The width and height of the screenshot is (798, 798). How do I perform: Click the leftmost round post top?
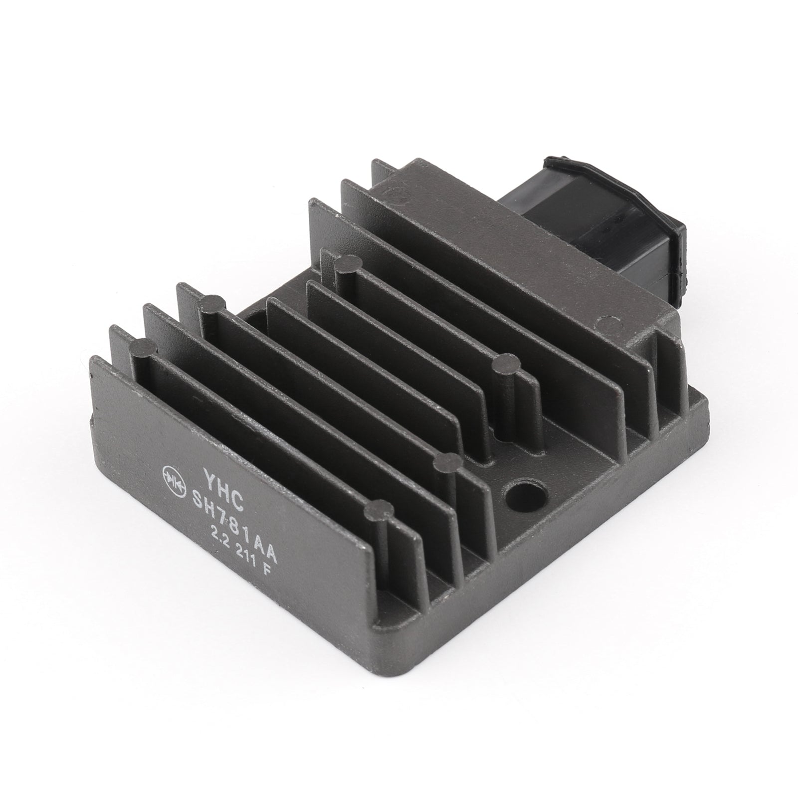pyautogui.click(x=145, y=346)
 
